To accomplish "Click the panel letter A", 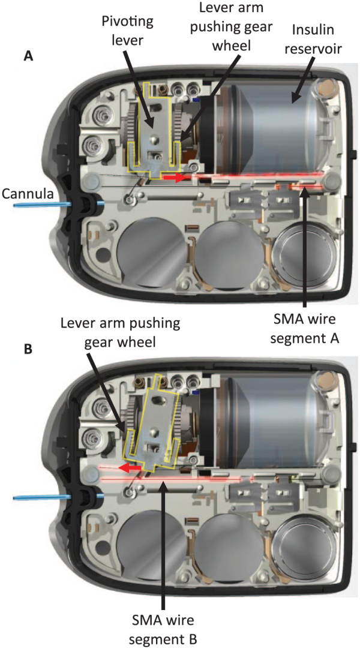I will click(28, 56).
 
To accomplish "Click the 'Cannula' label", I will click(28, 193).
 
